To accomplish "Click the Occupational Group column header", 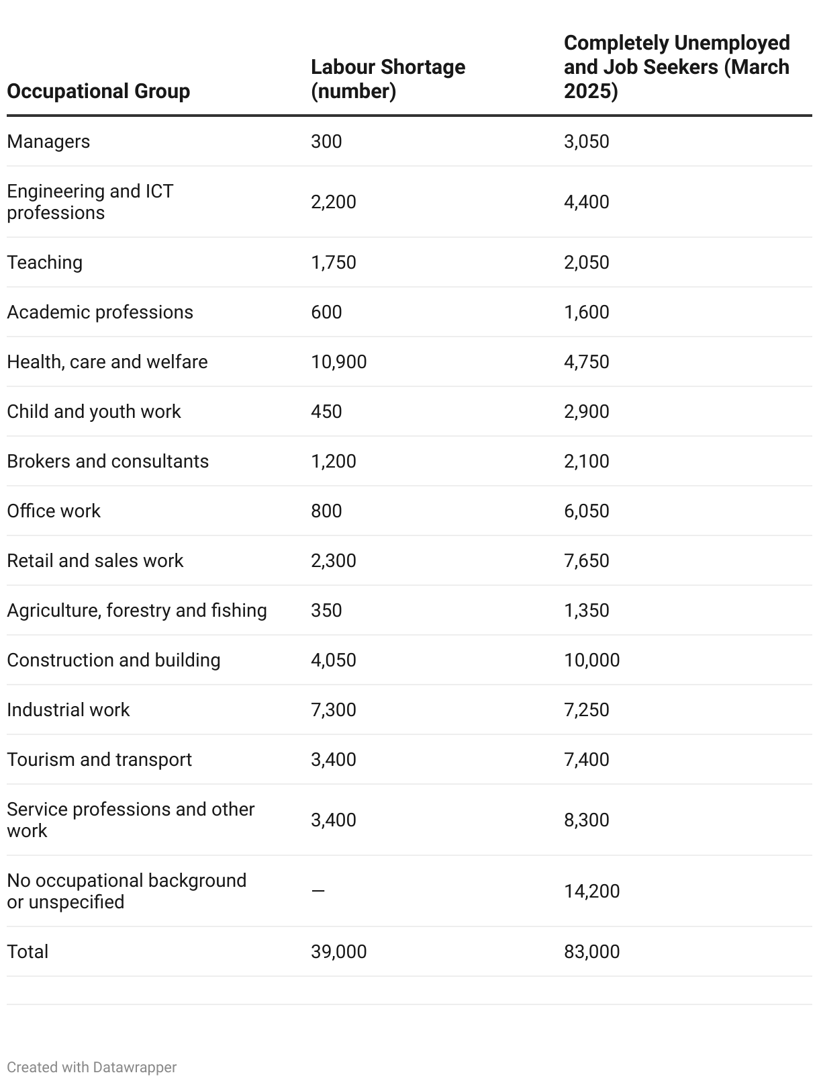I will click(98, 91).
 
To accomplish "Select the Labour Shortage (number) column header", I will click(387, 79).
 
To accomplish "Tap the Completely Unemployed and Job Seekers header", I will click(676, 67).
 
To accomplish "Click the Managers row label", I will click(48, 142).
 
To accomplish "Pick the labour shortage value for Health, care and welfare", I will click(338, 362).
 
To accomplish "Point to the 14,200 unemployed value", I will click(591, 892).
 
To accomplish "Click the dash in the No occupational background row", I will click(318, 892).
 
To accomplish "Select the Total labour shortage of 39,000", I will click(338, 952).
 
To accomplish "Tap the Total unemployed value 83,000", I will click(591, 952).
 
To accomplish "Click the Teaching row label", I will click(44, 263).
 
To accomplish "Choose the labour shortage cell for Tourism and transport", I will click(333, 760).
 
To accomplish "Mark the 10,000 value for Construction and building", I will click(591, 660).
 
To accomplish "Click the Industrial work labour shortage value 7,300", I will click(333, 710).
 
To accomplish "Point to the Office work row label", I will click(54, 511).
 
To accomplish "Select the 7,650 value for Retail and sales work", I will click(586, 561).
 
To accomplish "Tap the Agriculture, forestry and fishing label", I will click(136, 611).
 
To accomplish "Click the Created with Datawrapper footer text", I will click(91, 1068).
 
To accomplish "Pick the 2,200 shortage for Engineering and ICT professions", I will click(333, 202).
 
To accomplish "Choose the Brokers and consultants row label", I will click(107, 462).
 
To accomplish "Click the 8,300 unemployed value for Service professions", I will click(586, 820).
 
